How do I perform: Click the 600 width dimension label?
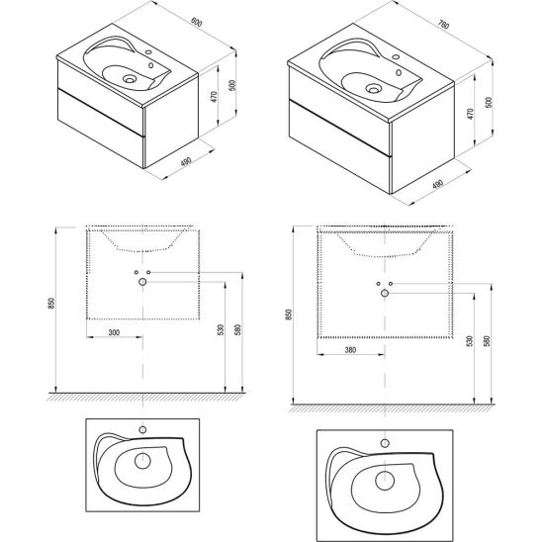[197, 22]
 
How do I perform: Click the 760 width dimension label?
[443, 25]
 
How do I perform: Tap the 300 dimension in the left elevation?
[114, 332]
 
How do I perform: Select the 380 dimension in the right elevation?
[350, 350]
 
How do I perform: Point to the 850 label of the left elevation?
[51, 304]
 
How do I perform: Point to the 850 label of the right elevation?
[289, 315]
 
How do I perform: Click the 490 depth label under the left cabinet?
[186, 162]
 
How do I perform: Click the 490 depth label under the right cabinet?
[438, 184]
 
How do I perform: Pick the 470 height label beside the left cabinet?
[214, 97]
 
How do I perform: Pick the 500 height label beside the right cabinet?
[489, 102]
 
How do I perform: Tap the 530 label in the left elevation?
[221, 329]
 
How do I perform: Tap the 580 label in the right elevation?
[487, 341]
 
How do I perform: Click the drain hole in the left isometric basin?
[129, 79]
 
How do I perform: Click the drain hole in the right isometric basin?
[373, 89]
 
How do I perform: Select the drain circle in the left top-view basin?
[142, 461]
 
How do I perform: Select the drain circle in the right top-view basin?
[385, 481]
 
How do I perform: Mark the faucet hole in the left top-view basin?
[142, 430]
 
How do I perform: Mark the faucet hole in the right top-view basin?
[385, 443]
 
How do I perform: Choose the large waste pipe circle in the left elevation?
[142, 282]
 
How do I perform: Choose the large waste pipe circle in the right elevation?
[385, 294]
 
